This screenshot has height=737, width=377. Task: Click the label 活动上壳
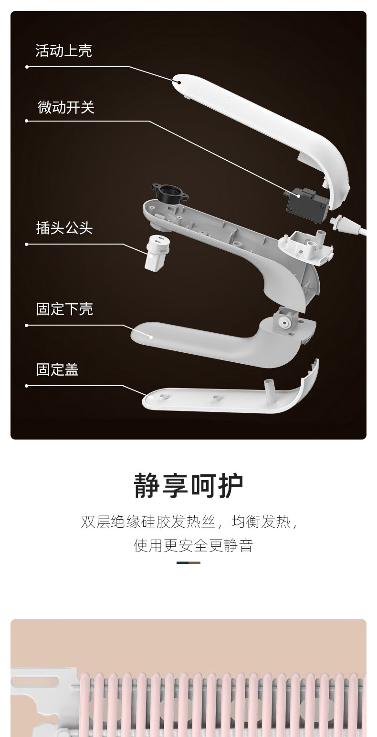(x=63, y=51)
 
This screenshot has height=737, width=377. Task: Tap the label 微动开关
(x=66, y=107)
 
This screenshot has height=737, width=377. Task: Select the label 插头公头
(x=64, y=228)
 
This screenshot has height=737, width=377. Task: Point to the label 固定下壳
(x=64, y=309)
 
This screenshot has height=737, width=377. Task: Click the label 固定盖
(x=57, y=369)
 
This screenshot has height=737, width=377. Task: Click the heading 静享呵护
(x=188, y=486)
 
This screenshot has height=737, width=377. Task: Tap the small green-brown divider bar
(x=188, y=563)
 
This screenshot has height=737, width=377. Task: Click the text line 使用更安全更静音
(x=193, y=545)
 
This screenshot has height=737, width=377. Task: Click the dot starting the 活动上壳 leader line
(x=27, y=67)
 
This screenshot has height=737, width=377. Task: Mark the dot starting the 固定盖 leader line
(x=27, y=386)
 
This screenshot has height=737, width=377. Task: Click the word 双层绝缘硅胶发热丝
(x=149, y=522)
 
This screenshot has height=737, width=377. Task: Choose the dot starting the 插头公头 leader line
(x=27, y=244)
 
